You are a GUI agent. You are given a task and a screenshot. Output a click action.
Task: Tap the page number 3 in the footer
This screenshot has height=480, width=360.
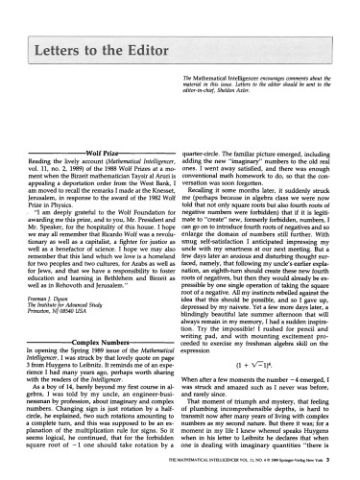(x=351, y=466)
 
